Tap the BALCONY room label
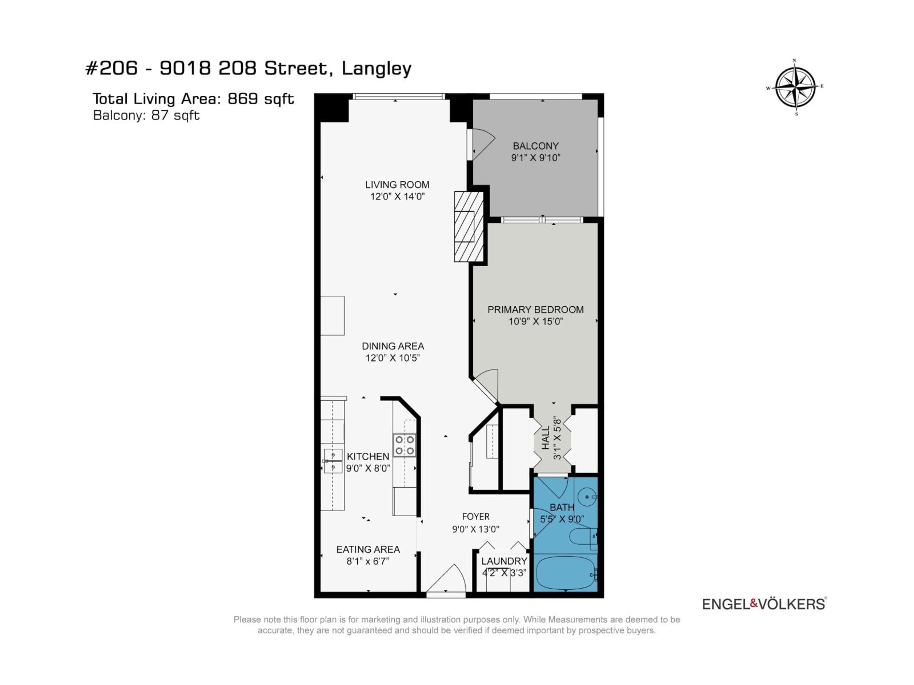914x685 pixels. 536,146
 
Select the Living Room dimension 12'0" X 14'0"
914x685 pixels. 397,196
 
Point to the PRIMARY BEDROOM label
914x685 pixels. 536,310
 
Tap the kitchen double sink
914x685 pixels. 333,461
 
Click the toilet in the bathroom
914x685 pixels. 582,537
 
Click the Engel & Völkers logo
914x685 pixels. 764,604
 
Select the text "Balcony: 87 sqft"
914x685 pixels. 146,115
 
